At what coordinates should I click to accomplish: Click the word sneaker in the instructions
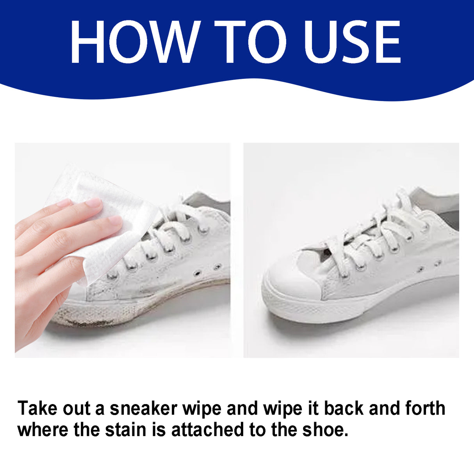143,409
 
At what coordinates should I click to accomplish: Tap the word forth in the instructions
425,409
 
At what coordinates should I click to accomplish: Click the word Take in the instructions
37,409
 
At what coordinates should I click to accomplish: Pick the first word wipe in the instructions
202,409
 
